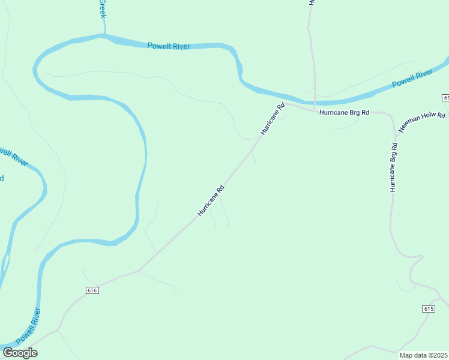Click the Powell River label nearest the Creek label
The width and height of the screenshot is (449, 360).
tap(169, 46)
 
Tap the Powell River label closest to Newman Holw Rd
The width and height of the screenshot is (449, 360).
tap(412, 78)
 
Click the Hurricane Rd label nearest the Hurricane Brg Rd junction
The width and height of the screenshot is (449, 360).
tap(272, 118)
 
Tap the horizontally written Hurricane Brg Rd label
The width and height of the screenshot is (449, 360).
tap(344, 112)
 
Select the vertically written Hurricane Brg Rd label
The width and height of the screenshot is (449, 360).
tap(394, 167)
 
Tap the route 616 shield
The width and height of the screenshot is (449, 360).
tap(92, 290)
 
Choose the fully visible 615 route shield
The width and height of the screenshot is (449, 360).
tap(428, 308)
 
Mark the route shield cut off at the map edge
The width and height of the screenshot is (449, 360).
tap(445, 97)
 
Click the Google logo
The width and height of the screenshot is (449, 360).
tap(20, 353)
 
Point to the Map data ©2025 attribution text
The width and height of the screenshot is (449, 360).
tap(424, 355)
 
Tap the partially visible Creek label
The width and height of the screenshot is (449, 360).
tap(102, 8)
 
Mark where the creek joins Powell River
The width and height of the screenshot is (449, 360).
tap(103, 35)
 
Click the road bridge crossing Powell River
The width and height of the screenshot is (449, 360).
tap(314, 99)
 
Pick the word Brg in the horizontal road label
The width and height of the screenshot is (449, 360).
tap(349, 112)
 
